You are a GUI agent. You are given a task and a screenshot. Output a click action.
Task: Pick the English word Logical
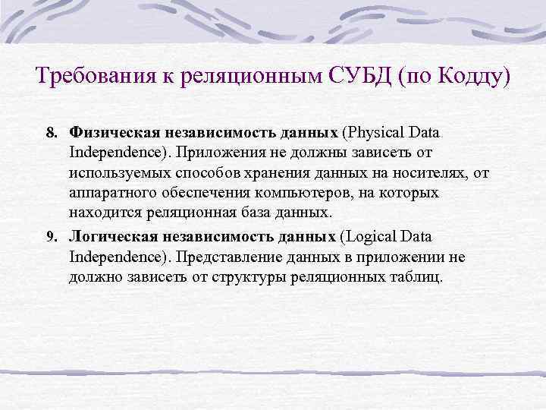tap(371, 237)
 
